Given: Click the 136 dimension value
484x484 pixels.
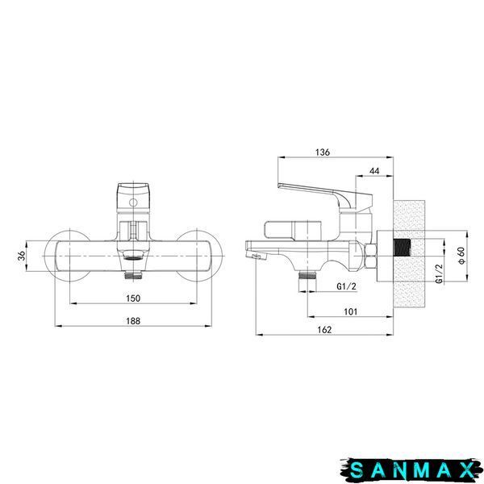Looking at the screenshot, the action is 323,152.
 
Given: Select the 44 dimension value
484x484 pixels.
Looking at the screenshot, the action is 374,171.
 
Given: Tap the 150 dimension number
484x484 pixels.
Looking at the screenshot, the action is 133,298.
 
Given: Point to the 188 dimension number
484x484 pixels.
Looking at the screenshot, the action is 133,321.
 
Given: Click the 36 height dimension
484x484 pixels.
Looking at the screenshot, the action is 22,256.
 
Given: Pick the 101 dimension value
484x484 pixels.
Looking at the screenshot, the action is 350,311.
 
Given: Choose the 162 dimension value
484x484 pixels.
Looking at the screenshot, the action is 324,330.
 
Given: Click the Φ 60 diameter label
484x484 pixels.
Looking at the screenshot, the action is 461,256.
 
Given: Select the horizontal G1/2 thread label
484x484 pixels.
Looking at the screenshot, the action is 346,286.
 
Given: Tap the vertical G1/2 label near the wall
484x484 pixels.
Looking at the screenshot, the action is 439,273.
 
